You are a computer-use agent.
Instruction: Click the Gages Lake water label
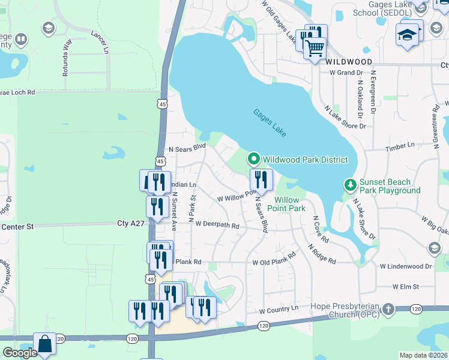click(x=270, y=122)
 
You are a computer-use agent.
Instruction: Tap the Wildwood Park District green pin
click(x=254, y=159)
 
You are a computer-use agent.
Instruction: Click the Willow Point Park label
click(x=291, y=204)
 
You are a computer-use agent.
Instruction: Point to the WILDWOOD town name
click(x=349, y=62)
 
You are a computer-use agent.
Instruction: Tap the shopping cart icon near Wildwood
click(x=315, y=47)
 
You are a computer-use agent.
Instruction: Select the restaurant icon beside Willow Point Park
click(x=261, y=179)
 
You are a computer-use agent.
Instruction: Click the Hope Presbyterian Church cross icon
click(x=388, y=310)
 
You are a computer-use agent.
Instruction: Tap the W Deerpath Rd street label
click(x=217, y=226)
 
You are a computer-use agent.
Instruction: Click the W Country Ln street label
click(x=279, y=310)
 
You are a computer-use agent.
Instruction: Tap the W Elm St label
click(x=405, y=287)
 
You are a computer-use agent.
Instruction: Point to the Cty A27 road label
click(x=131, y=223)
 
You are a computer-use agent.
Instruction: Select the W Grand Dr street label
click(x=346, y=73)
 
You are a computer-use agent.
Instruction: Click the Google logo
click(x=20, y=353)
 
